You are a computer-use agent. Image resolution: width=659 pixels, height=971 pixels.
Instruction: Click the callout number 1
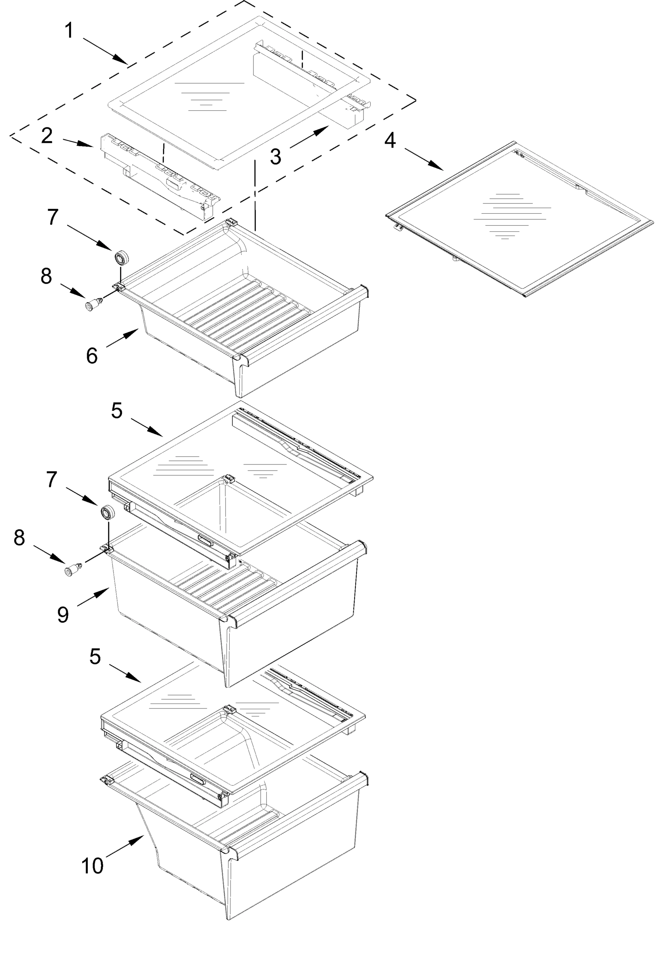[69, 31]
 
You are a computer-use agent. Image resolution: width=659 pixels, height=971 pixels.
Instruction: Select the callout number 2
[47, 136]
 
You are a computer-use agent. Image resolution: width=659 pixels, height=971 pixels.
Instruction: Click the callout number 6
[92, 356]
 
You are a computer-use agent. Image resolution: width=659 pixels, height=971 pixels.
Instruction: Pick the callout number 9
[63, 615]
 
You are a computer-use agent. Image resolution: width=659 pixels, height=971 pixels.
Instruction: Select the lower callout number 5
[95, 656]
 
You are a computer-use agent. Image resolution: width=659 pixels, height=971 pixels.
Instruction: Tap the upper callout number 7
[53, 217]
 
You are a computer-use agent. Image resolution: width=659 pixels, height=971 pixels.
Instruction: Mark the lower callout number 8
[19, 538]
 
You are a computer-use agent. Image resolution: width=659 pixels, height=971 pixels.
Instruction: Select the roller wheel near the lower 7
[108, 512]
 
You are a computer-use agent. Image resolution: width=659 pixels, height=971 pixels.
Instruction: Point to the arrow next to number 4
[423, 159]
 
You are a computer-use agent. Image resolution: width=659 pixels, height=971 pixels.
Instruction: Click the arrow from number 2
[78, 142]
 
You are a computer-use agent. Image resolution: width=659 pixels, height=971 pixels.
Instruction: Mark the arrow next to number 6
[123, 337]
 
